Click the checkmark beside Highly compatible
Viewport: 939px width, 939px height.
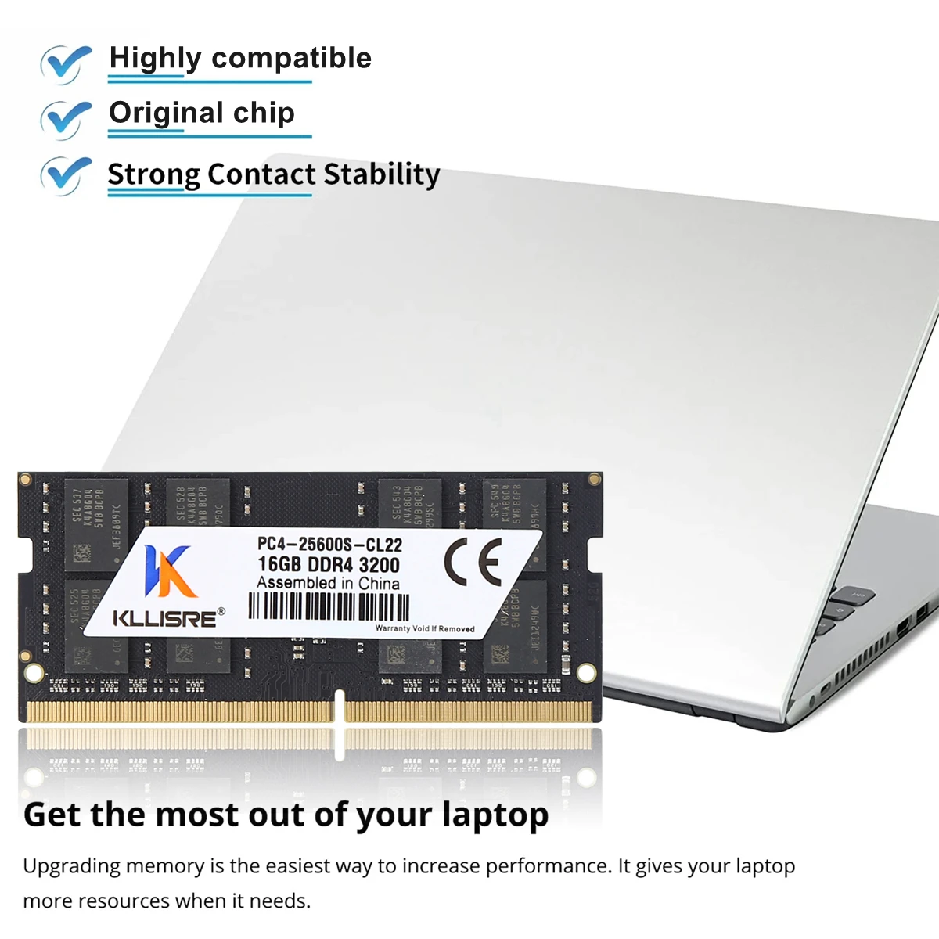point(67,63)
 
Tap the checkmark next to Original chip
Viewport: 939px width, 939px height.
point(67,117)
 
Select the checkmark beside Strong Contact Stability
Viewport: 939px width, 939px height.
point(67,174)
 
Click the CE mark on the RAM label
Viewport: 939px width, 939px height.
point(473,562)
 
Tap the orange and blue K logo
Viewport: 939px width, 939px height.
point(167,571)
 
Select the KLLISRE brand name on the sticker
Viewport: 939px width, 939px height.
point(165,618)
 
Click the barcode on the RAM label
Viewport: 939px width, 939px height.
point(329,606)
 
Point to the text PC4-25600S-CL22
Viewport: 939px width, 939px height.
point(329,545)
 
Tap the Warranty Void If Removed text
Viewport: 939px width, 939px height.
point(425,628)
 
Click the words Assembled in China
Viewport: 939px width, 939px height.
point(328,584)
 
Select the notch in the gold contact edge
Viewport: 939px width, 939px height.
point(340,704)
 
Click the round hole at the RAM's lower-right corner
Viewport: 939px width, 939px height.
point(585,671)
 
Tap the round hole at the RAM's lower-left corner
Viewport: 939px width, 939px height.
point(34,672)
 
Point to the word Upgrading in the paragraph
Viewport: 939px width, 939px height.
point(71,867)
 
